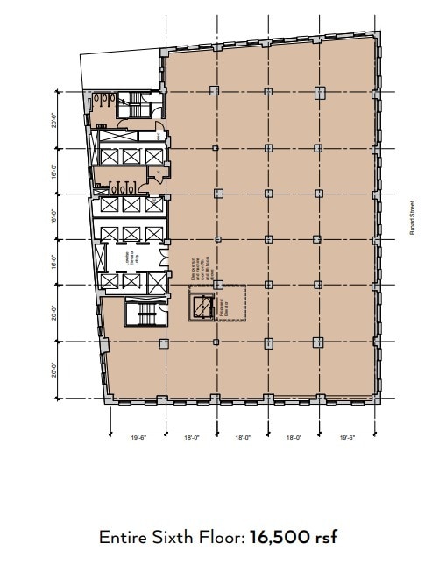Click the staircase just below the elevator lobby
[x=139, y=313]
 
